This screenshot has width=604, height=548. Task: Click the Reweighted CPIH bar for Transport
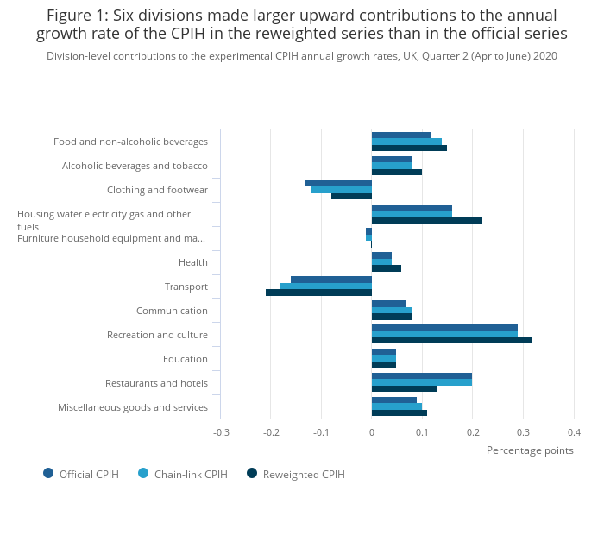tap(318, 293)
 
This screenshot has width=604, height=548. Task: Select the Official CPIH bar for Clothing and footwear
tap(338, 184)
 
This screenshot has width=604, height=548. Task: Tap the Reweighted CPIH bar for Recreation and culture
tap(452, 340)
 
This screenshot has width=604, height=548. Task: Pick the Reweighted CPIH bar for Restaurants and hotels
tap(404, 388)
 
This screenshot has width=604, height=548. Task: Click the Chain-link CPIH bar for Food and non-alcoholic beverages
tap(406, 142)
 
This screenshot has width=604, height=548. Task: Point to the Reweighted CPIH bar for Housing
tap(427, 220)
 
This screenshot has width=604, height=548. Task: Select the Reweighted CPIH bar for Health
tap(387, 268)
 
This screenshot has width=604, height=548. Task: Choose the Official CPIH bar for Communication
tap(389, 304)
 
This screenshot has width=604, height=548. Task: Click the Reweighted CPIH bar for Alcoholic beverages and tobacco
tap(397, 172)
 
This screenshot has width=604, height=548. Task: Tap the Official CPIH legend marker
tap(48, 473)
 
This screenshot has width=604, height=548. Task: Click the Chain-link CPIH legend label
tap(191, 475)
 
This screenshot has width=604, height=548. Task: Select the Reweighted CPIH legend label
tap(304, 475)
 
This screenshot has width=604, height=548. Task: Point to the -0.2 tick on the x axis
tap(271, 432)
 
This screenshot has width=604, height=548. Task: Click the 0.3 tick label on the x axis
tap(523, 432)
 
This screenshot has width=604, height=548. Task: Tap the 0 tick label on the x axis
tap(372, 432)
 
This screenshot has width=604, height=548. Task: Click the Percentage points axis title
tap(530, 450)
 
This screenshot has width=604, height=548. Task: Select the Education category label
tap(186, 359)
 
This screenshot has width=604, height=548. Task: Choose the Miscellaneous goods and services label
tap(133, 407)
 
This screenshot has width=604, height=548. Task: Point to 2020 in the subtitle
tap(545, 56)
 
